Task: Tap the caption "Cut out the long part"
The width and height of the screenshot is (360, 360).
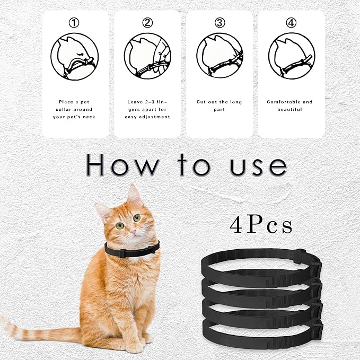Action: point(219,106)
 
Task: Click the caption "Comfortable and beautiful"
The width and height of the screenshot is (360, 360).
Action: point(291,106)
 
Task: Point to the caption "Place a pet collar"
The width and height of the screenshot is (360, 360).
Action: point(75,109)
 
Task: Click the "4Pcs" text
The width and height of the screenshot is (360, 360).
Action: point(261,225)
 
